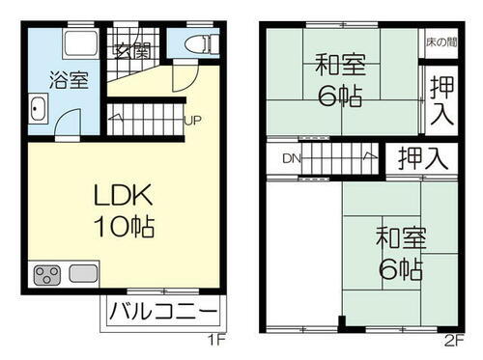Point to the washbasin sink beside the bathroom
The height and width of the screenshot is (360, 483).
[x=40, y=111]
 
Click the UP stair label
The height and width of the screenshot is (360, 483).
[x=193, y=122]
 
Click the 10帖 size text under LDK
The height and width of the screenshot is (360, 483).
[x=125, y=228]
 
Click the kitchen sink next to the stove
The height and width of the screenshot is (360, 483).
[x=80, y=274]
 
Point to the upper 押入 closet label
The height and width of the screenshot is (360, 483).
[x=440, y=100]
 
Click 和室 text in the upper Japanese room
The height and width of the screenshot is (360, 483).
[x=338, y=67]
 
